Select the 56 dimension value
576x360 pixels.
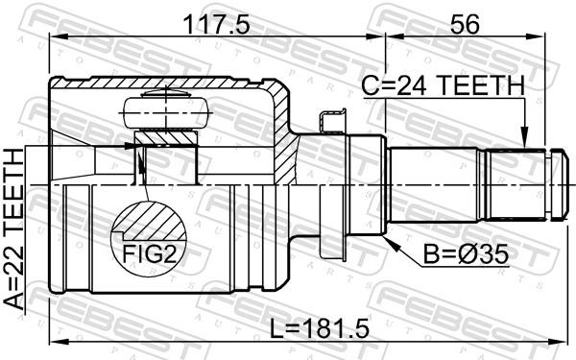(465, 25)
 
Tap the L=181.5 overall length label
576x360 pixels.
(320, 328)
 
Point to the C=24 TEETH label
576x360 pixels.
(443, 85)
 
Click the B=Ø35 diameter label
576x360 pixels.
(466, 254)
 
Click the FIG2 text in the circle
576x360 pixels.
(149, 254)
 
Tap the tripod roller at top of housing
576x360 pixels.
(166, 112)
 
